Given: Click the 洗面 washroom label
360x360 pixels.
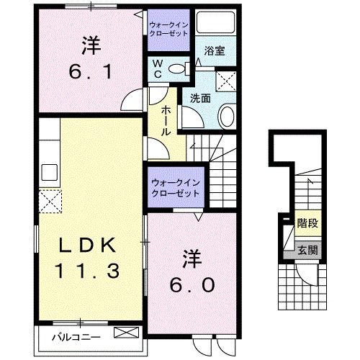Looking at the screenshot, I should coord(199,97).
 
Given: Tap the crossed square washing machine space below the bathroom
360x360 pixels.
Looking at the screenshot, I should coord(227,79).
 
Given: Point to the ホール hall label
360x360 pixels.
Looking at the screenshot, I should coord(166,120).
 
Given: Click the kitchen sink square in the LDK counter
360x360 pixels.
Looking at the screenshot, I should coord(49,173).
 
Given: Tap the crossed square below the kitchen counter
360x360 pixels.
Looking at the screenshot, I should coord(49,198).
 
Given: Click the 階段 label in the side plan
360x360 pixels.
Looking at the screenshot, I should coord(307,224).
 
